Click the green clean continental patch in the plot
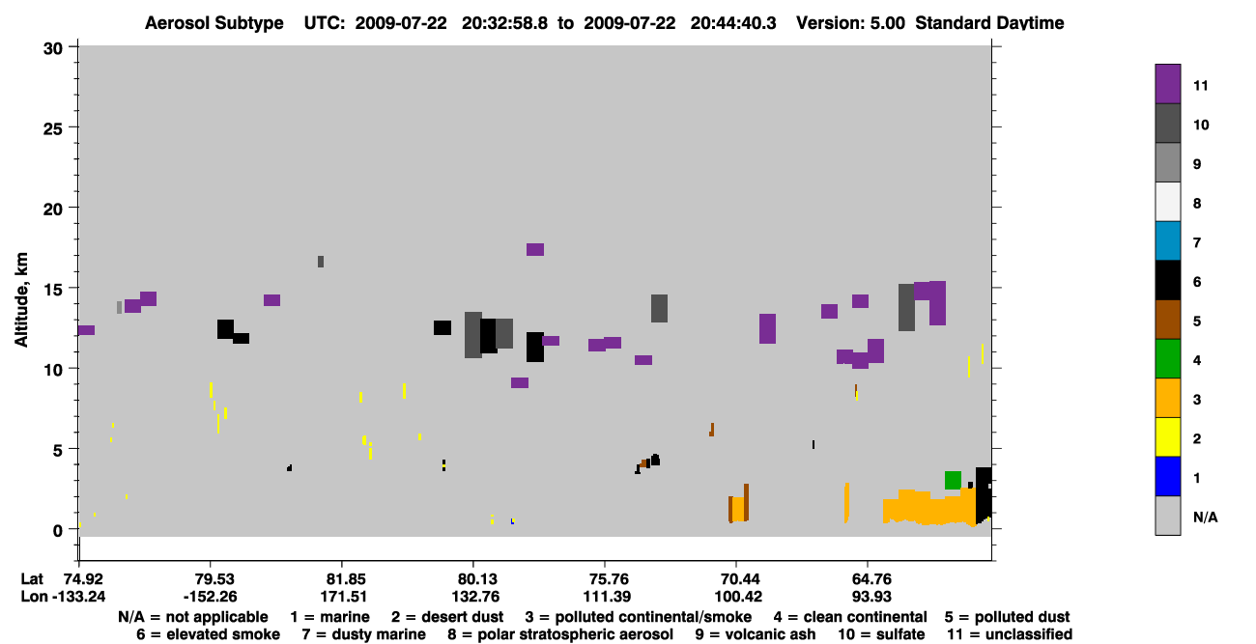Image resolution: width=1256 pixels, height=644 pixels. (953, 480)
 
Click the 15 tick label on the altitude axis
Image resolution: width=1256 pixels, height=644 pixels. (53, 290)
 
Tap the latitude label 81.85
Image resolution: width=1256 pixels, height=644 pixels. (347, 579)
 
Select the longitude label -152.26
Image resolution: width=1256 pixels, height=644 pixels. (211, 597)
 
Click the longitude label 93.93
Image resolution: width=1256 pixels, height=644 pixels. (871, 597)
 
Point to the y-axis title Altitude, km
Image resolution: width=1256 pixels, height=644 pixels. (21, 300)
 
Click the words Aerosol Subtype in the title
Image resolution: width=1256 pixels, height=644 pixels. (214, 23)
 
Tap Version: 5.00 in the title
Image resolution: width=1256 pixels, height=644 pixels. (850, 23)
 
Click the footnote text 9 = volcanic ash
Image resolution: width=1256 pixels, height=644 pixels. (756, 634)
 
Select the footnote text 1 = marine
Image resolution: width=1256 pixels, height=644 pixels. (329, 617)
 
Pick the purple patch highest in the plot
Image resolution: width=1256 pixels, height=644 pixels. (535, 249)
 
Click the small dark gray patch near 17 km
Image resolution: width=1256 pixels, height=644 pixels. (321, 262)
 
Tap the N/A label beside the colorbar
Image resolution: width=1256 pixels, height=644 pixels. (1205, 517)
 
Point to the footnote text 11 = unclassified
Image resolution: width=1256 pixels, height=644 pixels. (1010, 634)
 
